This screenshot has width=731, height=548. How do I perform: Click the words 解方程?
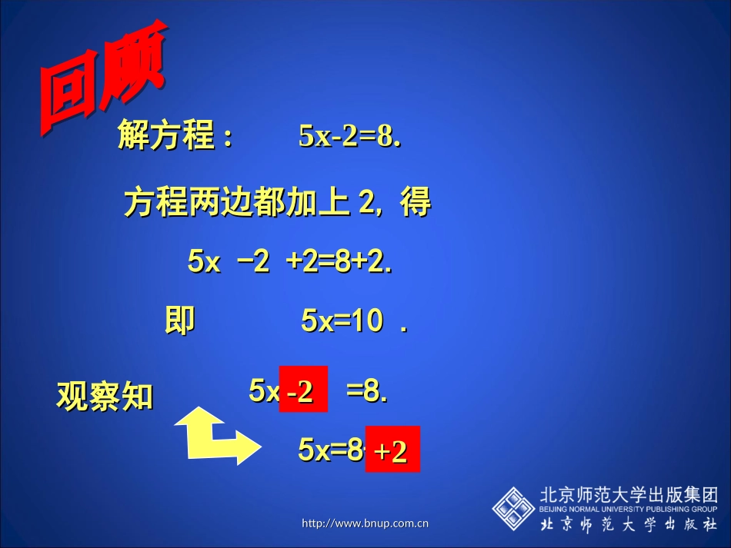165,137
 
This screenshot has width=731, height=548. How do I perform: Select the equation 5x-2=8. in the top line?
351,137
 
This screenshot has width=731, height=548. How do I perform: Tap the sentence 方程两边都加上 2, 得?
277,203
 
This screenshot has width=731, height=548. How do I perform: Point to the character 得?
416,203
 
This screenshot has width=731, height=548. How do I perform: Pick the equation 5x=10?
342,321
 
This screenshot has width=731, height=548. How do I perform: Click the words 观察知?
105,397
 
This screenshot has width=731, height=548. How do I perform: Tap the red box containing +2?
392,449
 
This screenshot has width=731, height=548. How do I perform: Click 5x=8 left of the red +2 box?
331,450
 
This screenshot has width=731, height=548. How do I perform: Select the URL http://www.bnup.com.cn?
365,524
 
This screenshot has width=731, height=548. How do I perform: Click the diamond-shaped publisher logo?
513,507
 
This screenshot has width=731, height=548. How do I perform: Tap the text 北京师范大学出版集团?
629,494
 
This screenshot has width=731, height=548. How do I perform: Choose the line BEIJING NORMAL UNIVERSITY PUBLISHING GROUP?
629,509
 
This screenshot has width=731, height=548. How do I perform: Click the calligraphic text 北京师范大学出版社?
629,525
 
